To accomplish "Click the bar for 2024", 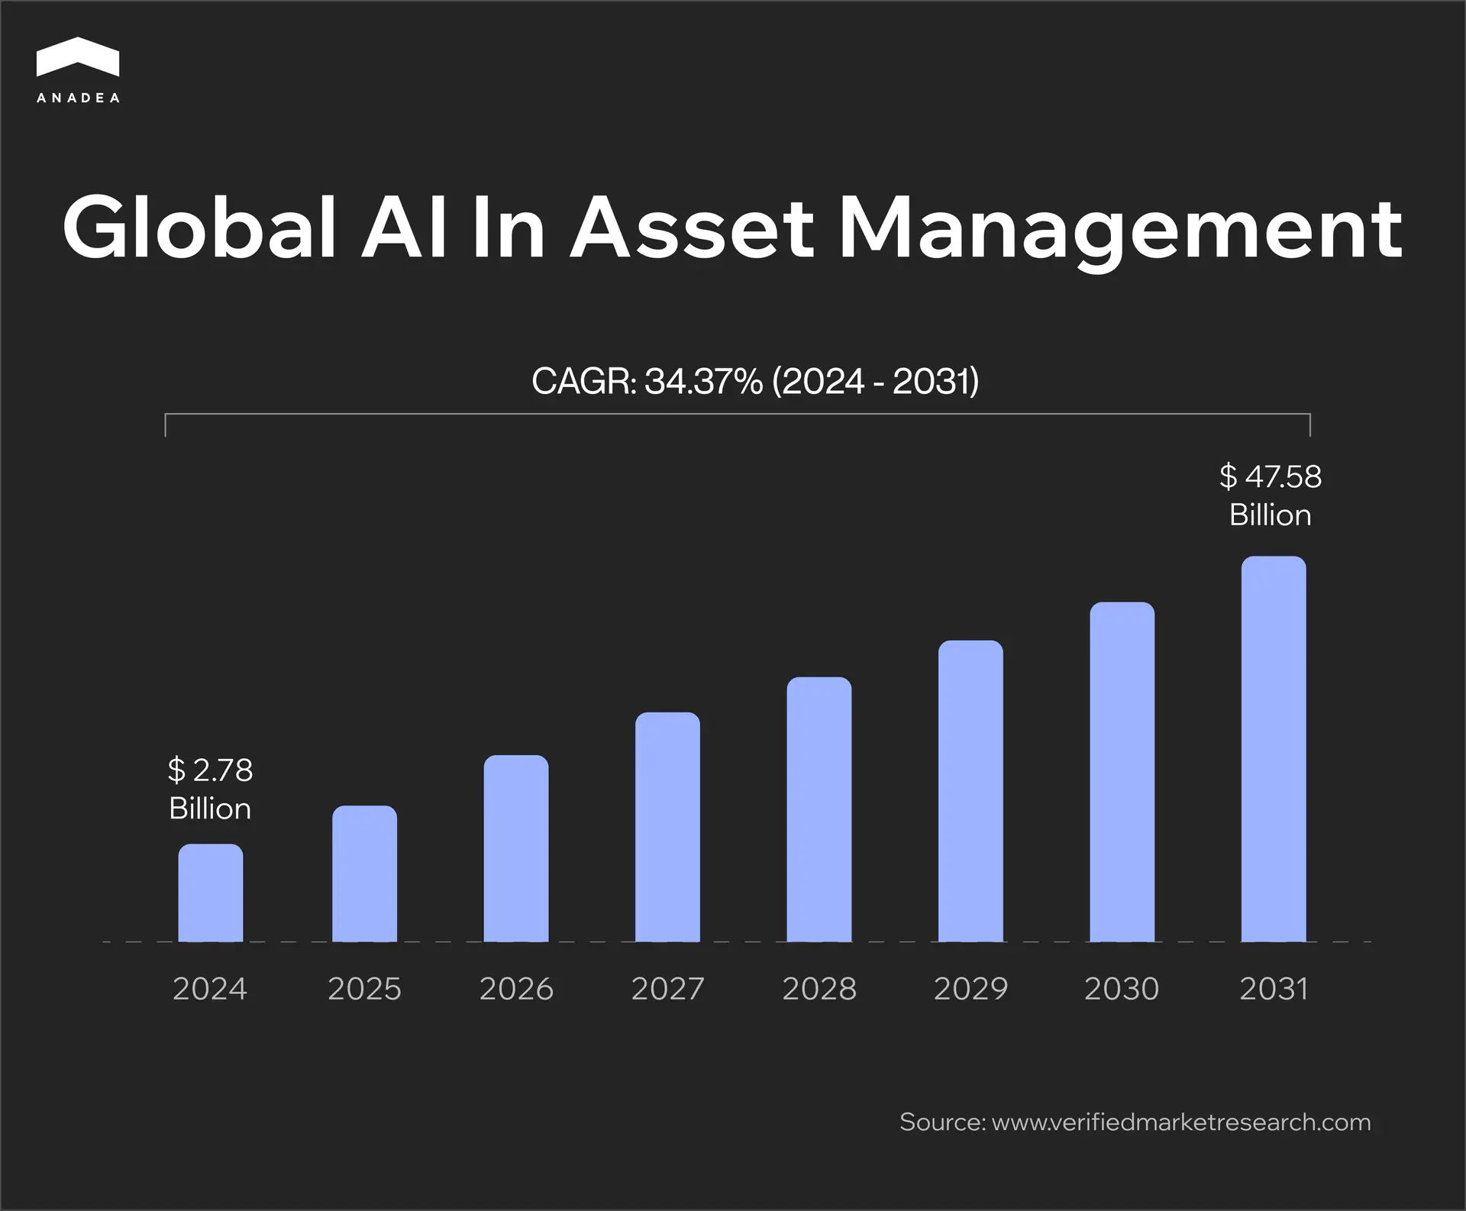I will pos(211,893).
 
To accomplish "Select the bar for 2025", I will pos(364,874).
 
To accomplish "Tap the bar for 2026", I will pos(516,849).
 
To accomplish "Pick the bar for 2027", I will pos(667,828).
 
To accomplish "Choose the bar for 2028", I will pos(819,809).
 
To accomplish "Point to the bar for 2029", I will pos(970,792).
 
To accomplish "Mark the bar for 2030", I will pos(1122,773).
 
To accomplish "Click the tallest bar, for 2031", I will pos(1274,750).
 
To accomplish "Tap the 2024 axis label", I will pos(210,989).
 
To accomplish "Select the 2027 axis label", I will pos(667,989).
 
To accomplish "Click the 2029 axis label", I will pos(970,989).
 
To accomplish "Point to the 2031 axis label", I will pos(1274,989).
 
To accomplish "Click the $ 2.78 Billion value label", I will pos(210,789).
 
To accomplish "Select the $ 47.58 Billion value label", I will pos(1271,496).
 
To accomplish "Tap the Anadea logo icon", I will pos(78,57).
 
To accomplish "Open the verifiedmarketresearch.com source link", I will pos(1180,1122).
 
